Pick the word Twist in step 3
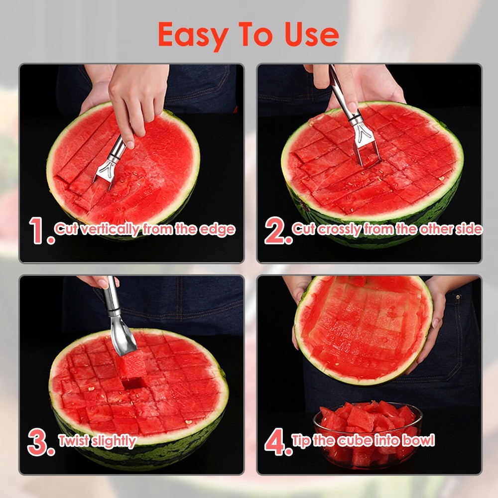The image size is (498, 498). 74,441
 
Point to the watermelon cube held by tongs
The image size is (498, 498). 131,366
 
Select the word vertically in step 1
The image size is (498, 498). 110,230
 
